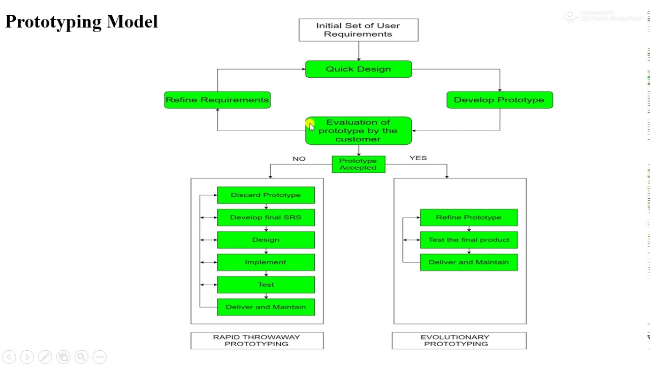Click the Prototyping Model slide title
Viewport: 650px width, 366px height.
[x=81, y=21]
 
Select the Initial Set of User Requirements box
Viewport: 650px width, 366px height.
[x=358, y=30]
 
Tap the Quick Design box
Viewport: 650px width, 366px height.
[x=358, y=69]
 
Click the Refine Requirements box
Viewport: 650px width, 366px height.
[x=217, y=100]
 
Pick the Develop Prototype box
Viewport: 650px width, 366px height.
[x=499, y=100]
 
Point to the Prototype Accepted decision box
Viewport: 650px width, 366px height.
[x=358, y=164]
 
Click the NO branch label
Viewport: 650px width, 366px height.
[x=299, y=159]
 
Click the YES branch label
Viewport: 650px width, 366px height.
[x=418, y=158]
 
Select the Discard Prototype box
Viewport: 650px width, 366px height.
[x=266, y=195]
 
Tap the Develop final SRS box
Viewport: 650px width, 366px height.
[x=266, y=218]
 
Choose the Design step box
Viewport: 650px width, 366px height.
[x=266, y=240]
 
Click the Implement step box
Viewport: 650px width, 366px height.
[x=266, y=262]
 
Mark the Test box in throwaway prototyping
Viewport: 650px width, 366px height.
[x=266, y=285]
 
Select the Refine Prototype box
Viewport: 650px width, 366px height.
[x=468, y=218]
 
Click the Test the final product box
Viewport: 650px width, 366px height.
[x=468, y=240]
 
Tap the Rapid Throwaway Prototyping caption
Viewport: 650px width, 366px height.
[x=256, y=341]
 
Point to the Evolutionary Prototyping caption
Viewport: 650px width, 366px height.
[x=459, y=341]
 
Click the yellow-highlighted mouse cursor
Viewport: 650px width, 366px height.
[x=311, y=126]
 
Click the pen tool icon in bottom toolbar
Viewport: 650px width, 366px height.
[x=45, y=357]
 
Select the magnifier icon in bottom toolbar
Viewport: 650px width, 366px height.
[x=81, y=357]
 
